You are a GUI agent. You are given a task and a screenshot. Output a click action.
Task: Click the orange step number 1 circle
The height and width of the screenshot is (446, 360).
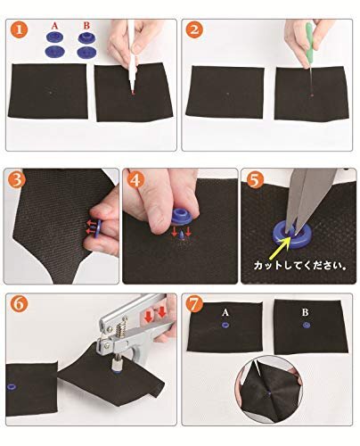pos(20,30)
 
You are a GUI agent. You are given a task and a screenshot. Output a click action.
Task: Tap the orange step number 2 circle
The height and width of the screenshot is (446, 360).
pos(194,30)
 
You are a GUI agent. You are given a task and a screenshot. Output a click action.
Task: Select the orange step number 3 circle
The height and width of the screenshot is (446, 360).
pos(15,179)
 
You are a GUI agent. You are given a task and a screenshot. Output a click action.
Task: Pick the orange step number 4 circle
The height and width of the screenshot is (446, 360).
pos(135,179)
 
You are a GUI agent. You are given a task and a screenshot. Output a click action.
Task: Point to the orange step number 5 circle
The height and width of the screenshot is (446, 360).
pos(255,179)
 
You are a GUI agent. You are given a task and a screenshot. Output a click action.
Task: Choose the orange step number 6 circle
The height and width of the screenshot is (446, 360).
pos(20,303)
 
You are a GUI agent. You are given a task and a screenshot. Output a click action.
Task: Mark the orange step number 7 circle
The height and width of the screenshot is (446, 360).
pos(194,303)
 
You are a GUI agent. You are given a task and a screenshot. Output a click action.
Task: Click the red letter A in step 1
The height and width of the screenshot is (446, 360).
pos(54,26)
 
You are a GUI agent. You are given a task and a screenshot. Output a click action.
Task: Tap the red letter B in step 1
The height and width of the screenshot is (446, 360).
pos(86,26)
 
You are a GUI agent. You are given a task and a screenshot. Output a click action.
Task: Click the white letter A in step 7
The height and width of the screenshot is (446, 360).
pos(225,312)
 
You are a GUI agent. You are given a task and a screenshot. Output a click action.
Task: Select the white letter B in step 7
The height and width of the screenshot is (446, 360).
pos(305,312)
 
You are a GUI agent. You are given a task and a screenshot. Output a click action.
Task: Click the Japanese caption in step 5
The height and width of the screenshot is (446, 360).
pos(300,265)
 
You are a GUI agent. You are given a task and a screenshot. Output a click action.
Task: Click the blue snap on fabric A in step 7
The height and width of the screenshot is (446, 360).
pos(225,325)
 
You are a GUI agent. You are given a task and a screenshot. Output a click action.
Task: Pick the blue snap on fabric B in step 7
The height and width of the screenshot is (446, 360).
pos(307,325)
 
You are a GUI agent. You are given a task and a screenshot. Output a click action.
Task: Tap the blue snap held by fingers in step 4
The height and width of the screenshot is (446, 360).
pos(182,217)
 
